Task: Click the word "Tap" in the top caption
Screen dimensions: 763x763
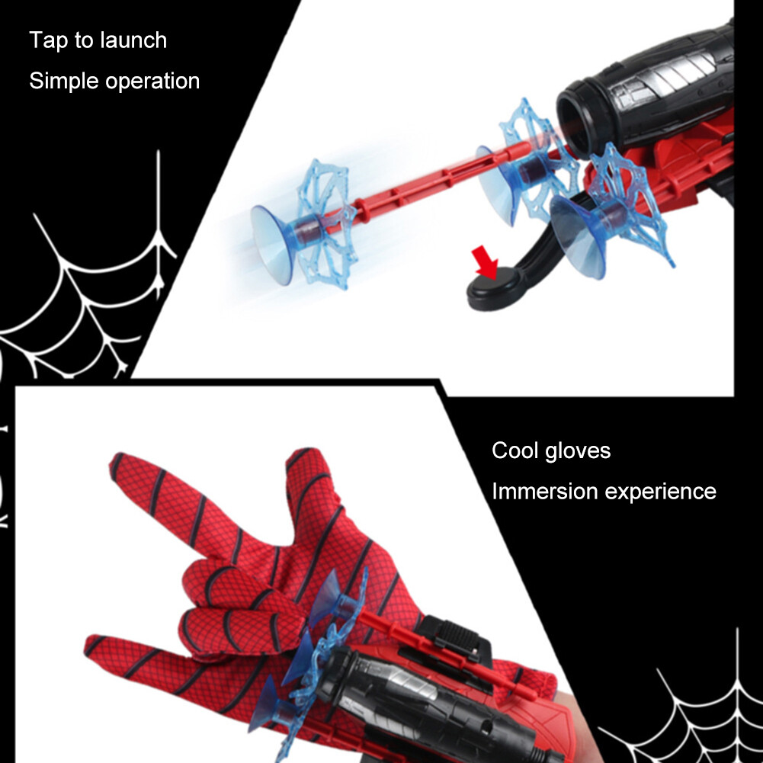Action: (48, 41)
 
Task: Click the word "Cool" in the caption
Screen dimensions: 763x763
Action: (516, 451)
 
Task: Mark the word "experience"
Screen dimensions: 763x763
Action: (660, 492)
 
